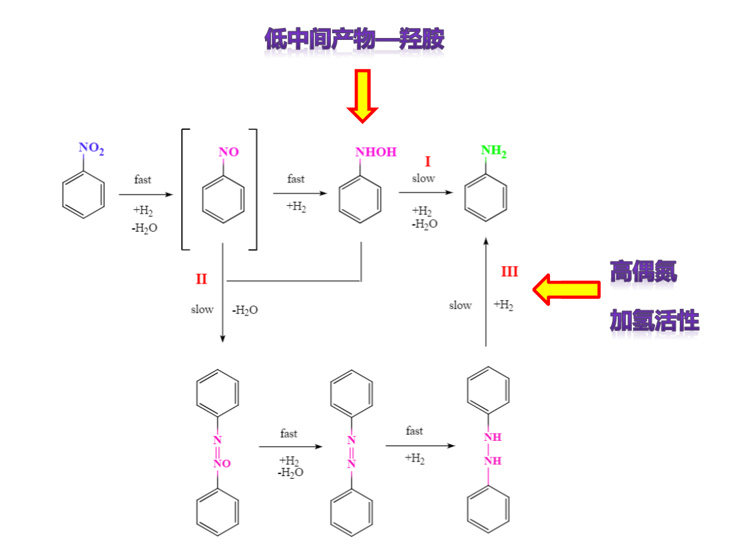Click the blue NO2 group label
pos(91,148)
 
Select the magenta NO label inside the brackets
pos(228,152)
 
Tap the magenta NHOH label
pos(375,152)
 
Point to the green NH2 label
pos(493,150)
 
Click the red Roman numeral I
pos(428,162)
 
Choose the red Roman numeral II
pos(201,280)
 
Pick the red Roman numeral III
pos(509,272)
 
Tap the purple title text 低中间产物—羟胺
pos(354,40)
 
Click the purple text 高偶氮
pos(643,271)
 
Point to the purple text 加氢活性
pos(654,322)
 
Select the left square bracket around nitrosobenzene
pos(185,190)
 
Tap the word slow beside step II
pos(202,310)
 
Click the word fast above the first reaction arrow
pos(142,180)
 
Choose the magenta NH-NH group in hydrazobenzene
pos(492,449)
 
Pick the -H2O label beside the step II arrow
pos(245,310)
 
